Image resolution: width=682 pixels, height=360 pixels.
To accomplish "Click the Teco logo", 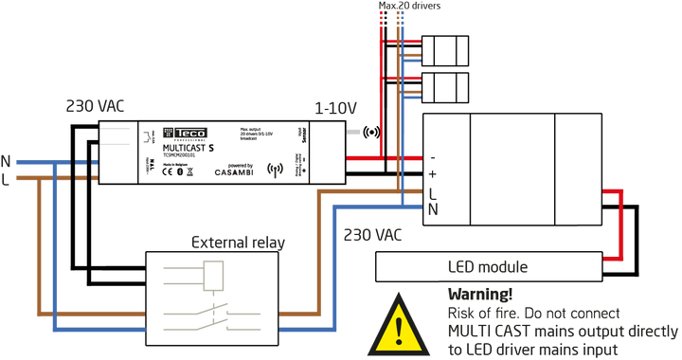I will tap(185, 134).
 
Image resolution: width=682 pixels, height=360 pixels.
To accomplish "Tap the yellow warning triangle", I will tap(399, 326).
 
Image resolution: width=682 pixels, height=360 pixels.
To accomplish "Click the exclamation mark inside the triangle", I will tap(399, 330).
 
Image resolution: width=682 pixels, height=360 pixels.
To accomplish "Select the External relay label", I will tap(238, 243).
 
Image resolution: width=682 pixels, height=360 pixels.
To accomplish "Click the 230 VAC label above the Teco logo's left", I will tap(95, 106).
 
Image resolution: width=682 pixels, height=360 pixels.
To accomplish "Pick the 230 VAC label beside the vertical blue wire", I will tap(372, 234).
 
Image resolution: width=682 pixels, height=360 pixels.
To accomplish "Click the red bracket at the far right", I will tap(618, 225).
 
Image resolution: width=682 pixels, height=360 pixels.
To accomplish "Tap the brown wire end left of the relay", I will tap(138, 314).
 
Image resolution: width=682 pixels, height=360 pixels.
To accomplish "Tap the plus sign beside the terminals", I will tap(433, 173).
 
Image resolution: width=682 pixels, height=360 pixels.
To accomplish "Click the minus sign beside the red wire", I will tap(433, 157).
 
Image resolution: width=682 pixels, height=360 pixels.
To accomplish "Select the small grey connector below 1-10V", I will tap(354, 132).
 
